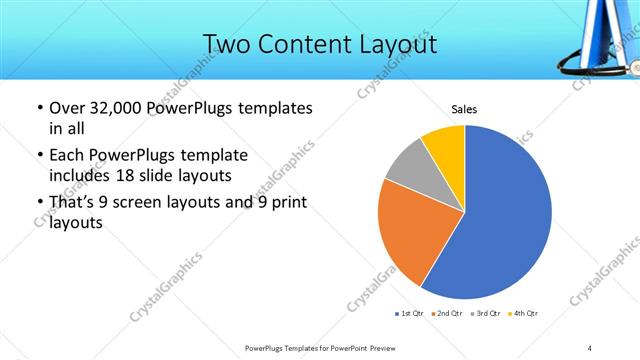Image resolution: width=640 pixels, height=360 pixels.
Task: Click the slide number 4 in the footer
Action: point(590,348)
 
